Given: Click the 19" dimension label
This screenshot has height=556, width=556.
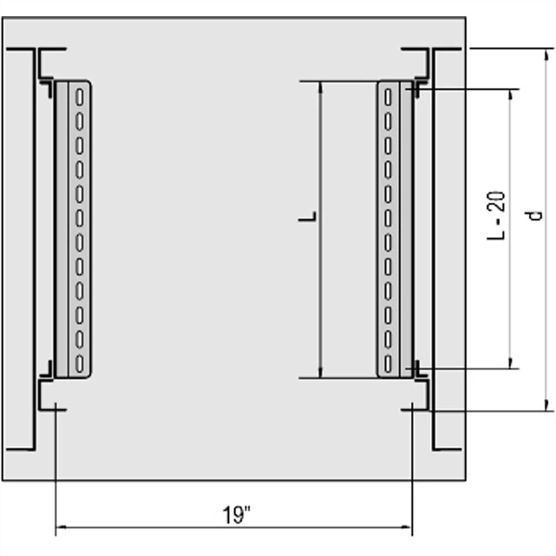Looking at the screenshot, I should click(x=237, y=514).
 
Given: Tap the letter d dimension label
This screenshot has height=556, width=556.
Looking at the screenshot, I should click(x=535, y=215).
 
